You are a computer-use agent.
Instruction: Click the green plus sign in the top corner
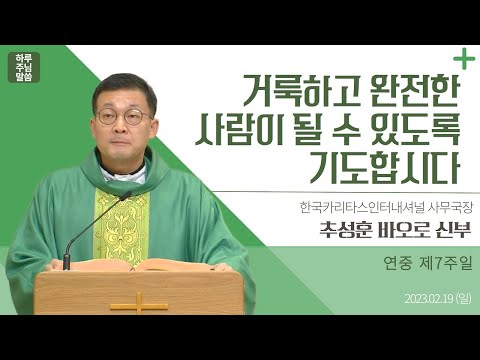coord(462,56)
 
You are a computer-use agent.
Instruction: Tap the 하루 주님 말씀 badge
coord(25,66)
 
